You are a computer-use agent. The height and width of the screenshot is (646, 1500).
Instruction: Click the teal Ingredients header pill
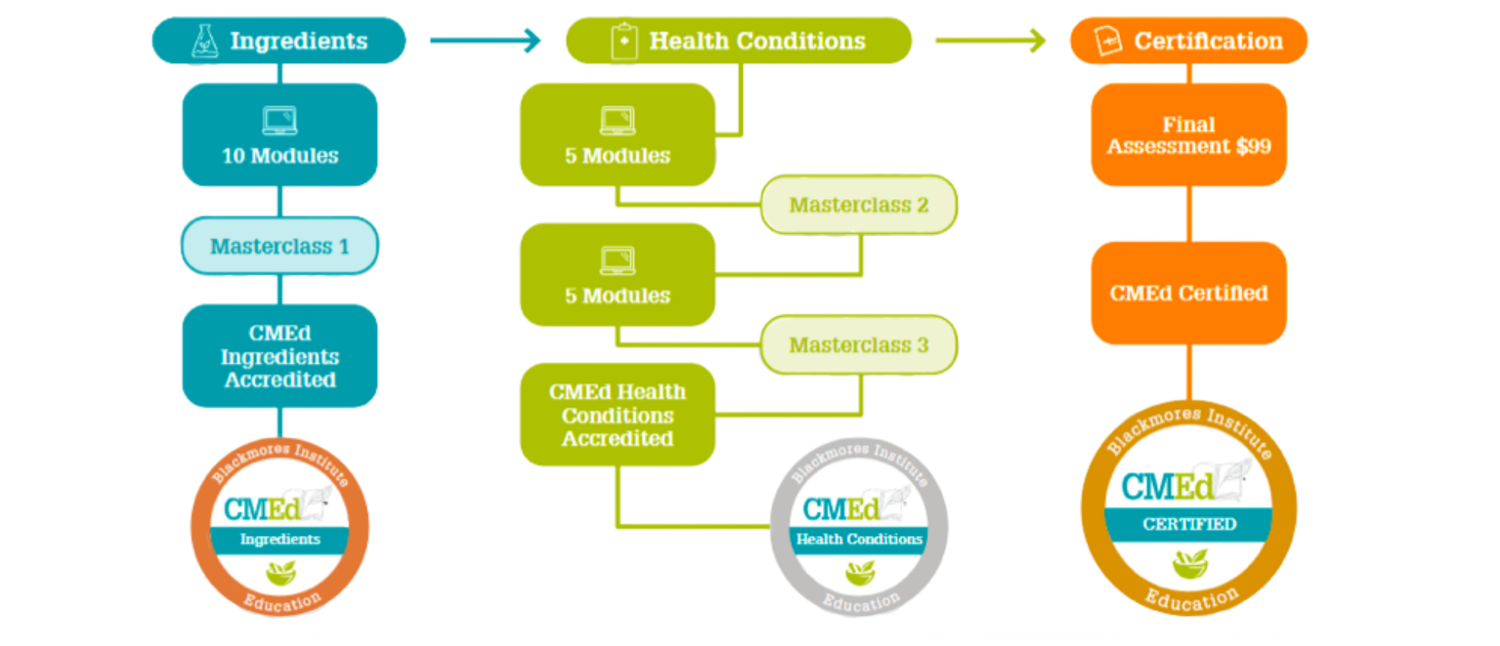tap(278, 41)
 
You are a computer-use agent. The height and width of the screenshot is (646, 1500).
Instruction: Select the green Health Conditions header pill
tap(738, 41)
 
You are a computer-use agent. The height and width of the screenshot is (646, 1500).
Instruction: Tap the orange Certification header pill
tap(1188, 41)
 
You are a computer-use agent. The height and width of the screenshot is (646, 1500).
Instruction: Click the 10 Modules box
tap(280, 135)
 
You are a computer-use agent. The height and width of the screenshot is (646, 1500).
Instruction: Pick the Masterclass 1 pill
tap(280, 246)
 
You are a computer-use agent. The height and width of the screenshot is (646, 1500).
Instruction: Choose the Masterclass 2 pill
tap(858, 205)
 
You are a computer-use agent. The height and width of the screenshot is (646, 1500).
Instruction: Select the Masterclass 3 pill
tap(858, 345)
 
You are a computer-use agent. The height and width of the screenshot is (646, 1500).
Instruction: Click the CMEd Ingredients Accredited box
tap(280, 356)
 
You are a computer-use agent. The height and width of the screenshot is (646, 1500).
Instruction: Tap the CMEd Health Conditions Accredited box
tap(618, 415)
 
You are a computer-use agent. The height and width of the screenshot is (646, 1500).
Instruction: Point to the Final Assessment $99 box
tap(1188, 135)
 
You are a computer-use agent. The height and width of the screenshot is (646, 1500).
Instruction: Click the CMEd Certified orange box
tap(1188, 293)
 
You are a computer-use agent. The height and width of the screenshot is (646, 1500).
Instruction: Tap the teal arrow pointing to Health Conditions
tap(485, 41)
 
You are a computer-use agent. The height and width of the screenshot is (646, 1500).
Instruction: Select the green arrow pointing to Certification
tap(991, 41)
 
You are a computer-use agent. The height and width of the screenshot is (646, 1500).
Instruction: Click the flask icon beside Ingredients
tap(205, 41)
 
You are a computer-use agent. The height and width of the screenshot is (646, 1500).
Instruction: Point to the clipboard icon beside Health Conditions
tap(624, 41)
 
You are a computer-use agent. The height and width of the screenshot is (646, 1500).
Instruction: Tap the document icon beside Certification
tap(1108, 41)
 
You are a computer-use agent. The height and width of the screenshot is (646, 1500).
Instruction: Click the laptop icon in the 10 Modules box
tap(280, 121)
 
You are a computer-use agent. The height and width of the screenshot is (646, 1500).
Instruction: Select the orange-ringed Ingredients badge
tap(280, 528)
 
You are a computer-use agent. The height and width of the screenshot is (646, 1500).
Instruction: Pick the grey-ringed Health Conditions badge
tap(859, 528)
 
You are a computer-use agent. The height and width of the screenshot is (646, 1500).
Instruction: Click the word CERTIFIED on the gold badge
tap(1189, 524)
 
